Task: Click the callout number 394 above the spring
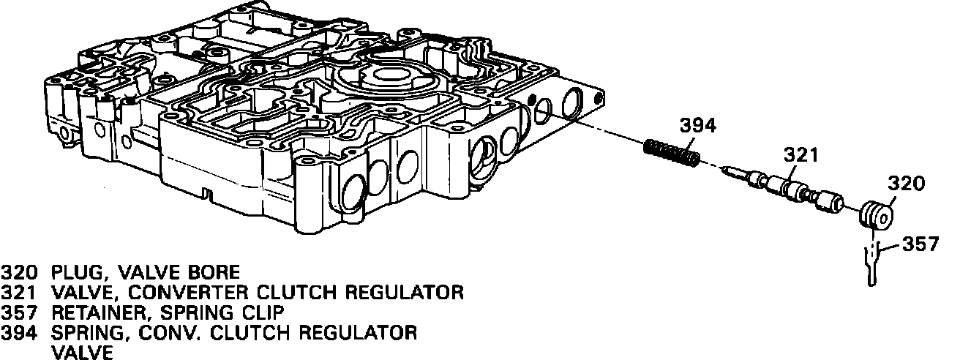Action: tap(699, 126)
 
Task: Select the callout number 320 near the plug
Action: tap(907, 183)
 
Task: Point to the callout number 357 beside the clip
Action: tap(920, 244)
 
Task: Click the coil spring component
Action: tap(672, 153)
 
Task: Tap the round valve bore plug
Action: tap(874, 216)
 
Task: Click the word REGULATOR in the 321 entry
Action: tap(399, 293)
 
